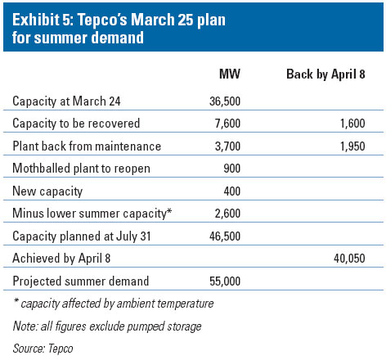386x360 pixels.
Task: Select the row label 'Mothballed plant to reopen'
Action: tap(75, 169)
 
